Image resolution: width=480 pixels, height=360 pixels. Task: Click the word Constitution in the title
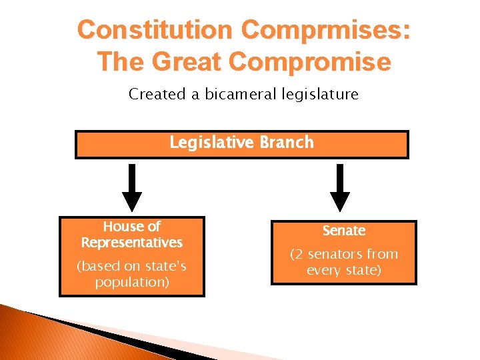point(155,30)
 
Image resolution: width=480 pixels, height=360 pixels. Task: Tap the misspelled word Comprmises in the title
point(326,30)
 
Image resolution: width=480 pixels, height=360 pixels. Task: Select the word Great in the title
point(187,62)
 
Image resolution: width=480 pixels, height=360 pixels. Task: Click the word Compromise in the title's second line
point(309,62)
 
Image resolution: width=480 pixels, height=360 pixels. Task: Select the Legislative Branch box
point(241,144)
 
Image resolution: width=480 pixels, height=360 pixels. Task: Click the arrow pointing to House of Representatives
point(132,187)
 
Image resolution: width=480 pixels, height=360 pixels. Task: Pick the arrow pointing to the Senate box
point(340,187)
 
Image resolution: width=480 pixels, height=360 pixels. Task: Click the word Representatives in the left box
point(132,242)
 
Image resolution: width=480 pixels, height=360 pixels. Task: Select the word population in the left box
point(132,282)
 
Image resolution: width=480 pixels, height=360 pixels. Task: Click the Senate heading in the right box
point(344,231)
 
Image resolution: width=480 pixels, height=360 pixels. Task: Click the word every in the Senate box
point(324,270)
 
